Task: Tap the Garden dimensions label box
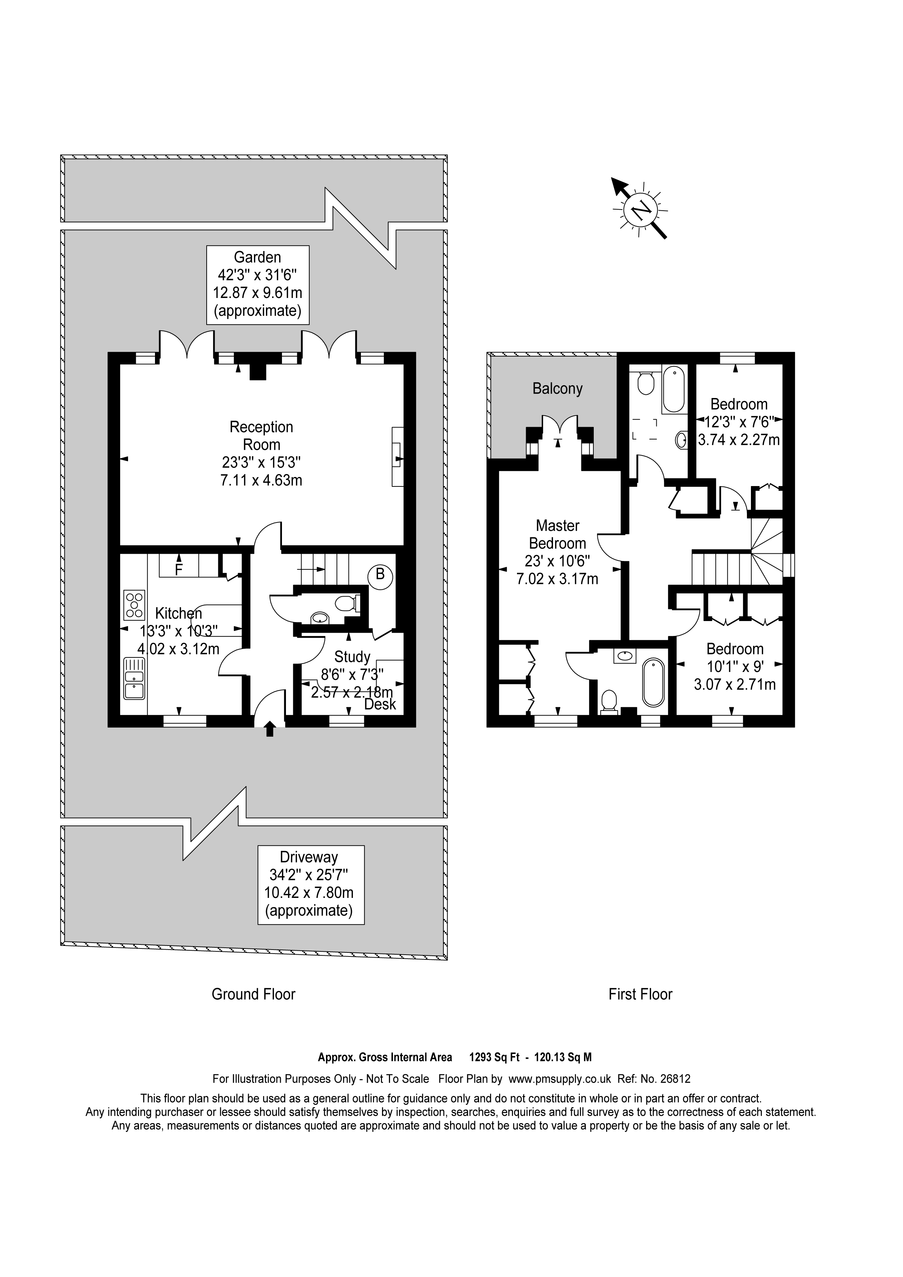(x=258, y=285)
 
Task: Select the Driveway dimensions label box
(x=311, y=885)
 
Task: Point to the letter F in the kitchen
(x=179, y=570)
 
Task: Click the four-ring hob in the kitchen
(x=134, y=605)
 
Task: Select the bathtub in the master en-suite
(x=653, y=683)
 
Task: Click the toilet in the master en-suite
(x=609, y=701)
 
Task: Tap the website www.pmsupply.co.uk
(x=559, y=1078)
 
